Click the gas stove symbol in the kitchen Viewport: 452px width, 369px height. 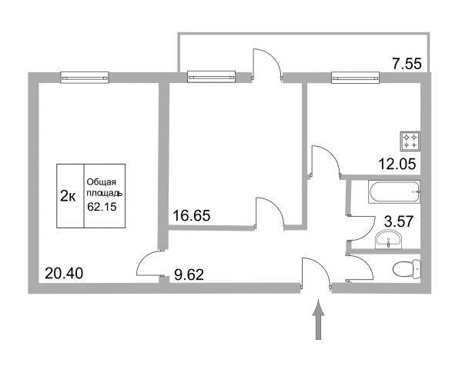(x=410, y=141)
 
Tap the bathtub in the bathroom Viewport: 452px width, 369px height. (x=394, y=191)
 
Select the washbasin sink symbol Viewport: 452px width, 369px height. (x=388, y=240)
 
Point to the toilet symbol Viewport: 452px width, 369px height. (x=407, y=269)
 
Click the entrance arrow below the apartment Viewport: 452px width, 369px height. (x=318, y=320)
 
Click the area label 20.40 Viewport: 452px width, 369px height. (x=64, y=273)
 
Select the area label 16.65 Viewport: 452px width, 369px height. (x=192, y=215)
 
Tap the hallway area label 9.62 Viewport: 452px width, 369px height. (x=189, y=274)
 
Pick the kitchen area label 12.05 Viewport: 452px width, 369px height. (x=397, y=165)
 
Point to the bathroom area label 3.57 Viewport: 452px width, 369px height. (x=399, y=221)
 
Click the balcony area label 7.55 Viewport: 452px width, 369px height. (x=407, y=64)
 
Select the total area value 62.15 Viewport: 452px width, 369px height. (x=102, y=207)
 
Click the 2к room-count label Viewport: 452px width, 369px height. (x=68, y=196)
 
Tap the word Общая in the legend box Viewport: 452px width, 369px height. (x=102, y=182)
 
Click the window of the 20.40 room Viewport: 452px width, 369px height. (x=85, y=78)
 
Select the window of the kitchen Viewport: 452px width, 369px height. (x=355, y=78)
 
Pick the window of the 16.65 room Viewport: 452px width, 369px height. (x=211, y=77)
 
